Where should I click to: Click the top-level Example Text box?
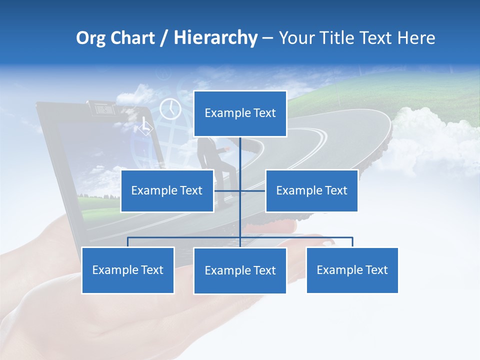coord(240,113)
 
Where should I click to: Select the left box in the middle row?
coord(167,190)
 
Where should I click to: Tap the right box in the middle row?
coord(311,190)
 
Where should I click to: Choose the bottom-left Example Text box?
coord(127,270)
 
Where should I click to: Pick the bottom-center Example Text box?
coord(240,270)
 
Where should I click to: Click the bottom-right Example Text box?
coord(352,270)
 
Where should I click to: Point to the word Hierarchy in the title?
coord(215,38)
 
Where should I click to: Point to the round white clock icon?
coord(170,108)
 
